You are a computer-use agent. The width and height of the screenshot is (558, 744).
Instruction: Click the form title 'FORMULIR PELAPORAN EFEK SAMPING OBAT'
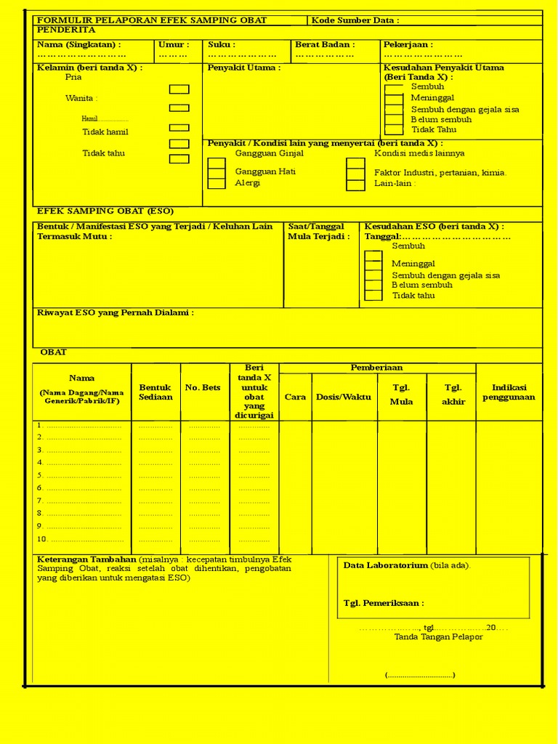pyautogui.click(x=152, y=20)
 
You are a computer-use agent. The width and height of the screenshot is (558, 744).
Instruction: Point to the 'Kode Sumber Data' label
pyautogui.click(x=355, y=20)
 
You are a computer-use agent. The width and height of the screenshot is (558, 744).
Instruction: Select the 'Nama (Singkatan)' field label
pyautogui.click(x=79, y=45)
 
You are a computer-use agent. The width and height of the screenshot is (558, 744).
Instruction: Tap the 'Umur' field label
pyautogui.click(x=174, y=45)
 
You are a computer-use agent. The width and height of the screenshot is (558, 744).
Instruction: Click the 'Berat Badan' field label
pyautogui.click(x=325, y=45)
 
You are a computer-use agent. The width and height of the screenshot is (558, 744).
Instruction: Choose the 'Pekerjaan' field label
pyautogui.click(x=408, y=45)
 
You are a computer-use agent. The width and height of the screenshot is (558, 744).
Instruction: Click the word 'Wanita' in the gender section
pyautogui.click(x=81, y=98)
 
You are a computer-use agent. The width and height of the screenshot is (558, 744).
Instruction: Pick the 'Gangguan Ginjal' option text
pyautogui.click(x=269, y=153)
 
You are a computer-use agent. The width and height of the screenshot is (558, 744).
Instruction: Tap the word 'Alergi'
pyautogui.click(x=247, y=183)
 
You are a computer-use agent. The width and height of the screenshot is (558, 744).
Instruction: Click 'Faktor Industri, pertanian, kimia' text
pyautogui.click(x=440, y=173)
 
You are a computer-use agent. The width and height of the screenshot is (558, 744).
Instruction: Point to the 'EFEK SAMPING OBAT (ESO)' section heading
pyautogui.click(x=105, y=211)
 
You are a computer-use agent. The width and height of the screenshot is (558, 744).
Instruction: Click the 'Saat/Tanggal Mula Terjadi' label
pyautogui.click(x=318, y=231)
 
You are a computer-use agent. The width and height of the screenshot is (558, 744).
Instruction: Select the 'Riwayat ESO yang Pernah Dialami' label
pyautogui.click(x=116, y=313)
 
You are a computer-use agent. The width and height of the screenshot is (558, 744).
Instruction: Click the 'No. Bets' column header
pyautogui.click(x=203, y=388)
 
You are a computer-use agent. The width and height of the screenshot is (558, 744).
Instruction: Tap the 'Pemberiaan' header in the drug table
pyautogui.click(x=376, y=368)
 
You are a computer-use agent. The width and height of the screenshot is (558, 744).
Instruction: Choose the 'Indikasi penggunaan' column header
pyautogui.click(x=509, y=392)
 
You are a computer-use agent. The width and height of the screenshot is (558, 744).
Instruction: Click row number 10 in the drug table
pyautogui.click(x=42, y=539)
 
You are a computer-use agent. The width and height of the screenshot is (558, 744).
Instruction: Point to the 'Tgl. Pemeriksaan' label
pyautogui.click(x=384, y=603)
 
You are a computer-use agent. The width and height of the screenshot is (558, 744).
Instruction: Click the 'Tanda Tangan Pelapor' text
pyautogui.click(x=438, y=637)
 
